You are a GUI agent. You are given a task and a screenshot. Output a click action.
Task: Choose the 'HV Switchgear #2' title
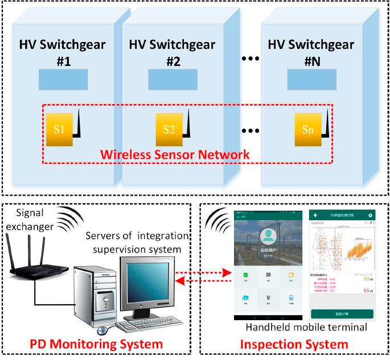tap(173, 52)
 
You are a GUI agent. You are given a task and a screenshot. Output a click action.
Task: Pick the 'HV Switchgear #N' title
tap(311, 52)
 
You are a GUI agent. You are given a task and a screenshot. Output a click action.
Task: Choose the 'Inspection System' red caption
tap(294, 344)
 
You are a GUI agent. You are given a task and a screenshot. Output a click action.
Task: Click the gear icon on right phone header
tap(370, 216)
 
